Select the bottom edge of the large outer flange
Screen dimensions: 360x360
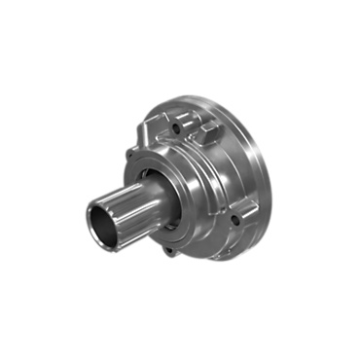[x=214, y=261]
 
